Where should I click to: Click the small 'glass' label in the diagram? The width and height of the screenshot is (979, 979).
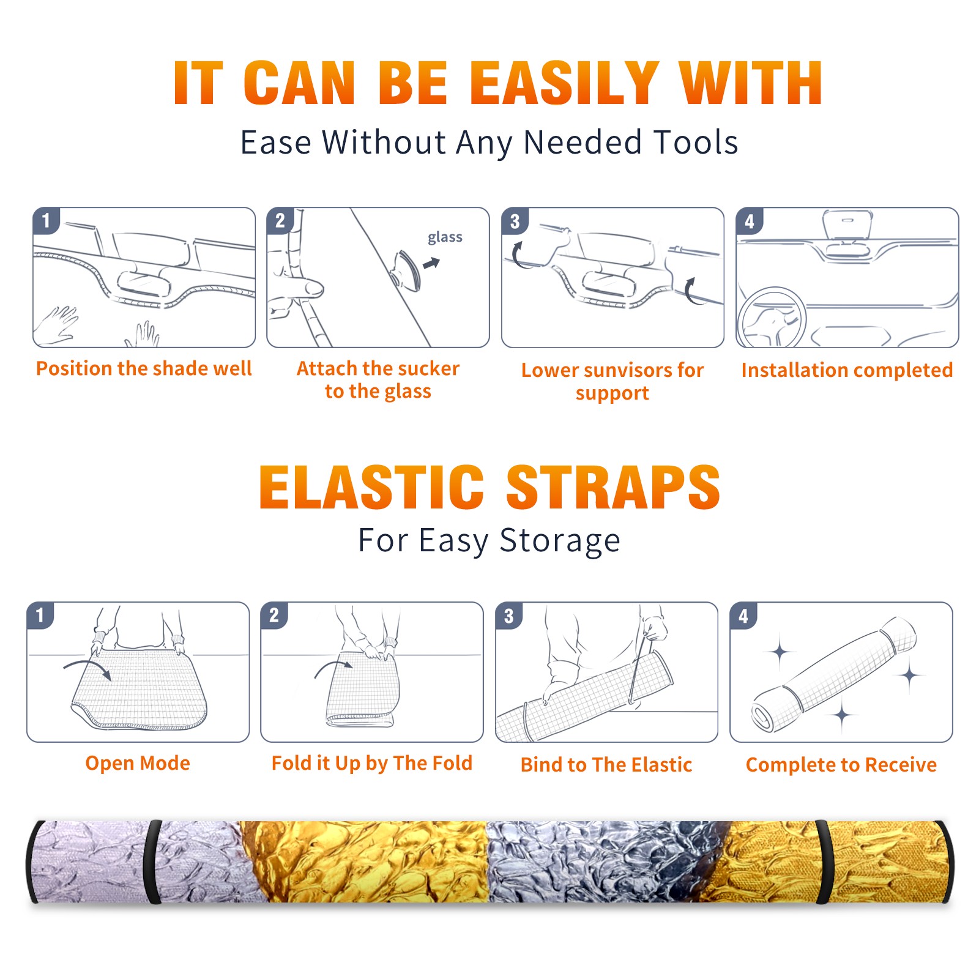point(445,237)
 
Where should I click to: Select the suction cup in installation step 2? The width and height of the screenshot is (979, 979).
point(407,270)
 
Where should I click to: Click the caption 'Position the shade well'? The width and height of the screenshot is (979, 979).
point(144,368)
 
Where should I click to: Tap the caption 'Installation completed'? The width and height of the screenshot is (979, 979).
point(847,370)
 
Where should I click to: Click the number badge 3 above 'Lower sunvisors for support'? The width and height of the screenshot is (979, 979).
point(515,221)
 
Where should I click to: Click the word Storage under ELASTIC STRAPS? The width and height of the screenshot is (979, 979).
point(560,541)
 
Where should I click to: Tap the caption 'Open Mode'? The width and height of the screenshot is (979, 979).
point(138,763)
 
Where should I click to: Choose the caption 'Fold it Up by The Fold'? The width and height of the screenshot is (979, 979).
point(372,763)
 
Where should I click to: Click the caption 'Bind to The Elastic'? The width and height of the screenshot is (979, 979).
point(606,765)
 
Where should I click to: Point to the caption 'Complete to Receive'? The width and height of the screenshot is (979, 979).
point(841,765)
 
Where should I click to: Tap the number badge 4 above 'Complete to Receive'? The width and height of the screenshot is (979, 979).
point(743,616)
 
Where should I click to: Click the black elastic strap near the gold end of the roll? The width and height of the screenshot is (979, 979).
point(824,862)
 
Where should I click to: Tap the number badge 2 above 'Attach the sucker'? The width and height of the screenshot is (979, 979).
point(280,221)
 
